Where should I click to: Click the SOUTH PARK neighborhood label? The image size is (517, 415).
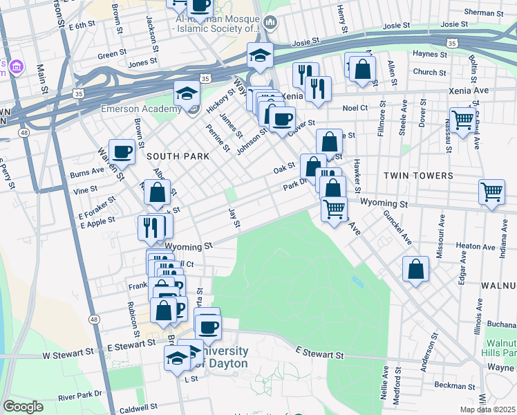(x=178, y=156)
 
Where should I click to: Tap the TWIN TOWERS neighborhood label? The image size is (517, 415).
(x=423, y=176)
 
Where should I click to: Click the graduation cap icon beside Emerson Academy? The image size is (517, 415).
(x=186, y=93)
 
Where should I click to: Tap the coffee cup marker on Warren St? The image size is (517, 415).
(x=122, y=152)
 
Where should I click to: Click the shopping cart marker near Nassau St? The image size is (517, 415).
(x=462, y=118)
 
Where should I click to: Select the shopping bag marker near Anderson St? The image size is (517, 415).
(x=415, y=269)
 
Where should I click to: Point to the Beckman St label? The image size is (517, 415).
(x=453, y=385)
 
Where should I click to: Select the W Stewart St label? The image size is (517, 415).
(x=68, y=353)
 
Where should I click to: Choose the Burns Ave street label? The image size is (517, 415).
(x=86, y=176)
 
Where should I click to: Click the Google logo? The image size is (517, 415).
(x=23, y=407)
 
